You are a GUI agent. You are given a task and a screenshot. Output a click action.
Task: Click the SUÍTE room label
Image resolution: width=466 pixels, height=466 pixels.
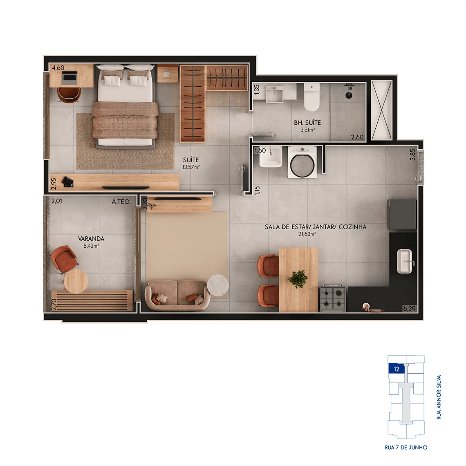pos(191,160)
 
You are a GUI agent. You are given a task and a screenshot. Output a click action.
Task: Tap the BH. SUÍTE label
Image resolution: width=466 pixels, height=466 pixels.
pos(307,123)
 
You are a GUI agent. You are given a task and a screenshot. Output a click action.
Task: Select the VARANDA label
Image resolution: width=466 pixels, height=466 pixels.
pos(91,239)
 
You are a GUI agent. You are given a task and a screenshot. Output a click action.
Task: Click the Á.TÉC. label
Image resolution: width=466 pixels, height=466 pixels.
pos(121,202)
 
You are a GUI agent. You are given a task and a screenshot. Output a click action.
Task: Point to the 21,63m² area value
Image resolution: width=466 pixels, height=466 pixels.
pos(307,234)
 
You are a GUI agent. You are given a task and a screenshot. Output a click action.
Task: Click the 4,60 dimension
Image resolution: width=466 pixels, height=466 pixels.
pos(58,68)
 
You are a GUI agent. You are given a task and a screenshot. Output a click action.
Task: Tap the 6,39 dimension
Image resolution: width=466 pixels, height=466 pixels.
pos(409,309)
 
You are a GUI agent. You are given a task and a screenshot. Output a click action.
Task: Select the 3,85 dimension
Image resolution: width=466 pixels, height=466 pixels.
pos(412,155)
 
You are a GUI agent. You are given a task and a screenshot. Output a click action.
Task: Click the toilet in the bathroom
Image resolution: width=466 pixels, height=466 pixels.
pos(311,97)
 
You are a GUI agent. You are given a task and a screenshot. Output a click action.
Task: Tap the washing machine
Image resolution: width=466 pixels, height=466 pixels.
pos(302,162)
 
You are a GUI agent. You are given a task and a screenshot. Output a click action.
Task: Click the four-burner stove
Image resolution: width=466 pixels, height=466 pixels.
pos(333,298)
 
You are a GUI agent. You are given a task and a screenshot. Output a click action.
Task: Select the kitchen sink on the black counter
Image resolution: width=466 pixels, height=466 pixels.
pos(405,261)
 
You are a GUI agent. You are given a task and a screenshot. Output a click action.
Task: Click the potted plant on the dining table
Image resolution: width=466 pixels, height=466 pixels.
pos(298,279)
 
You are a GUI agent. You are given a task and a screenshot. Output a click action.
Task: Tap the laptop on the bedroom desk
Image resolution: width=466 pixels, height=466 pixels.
pos(69,77)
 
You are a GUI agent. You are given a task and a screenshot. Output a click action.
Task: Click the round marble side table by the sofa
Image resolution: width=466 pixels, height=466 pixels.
pos(218,285)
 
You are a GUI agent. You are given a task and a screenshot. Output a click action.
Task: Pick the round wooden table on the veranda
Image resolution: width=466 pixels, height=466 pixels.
pos(76,282)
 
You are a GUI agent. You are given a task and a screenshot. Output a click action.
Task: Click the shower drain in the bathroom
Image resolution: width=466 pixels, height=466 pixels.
pos(349,95)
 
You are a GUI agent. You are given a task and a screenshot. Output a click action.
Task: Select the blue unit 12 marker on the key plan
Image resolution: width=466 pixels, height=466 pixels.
pos(397,369)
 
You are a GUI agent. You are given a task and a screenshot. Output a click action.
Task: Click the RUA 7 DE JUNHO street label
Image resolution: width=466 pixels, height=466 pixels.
pos(406,447)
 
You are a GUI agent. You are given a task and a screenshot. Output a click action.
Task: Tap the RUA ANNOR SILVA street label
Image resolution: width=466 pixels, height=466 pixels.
pos(439,397)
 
